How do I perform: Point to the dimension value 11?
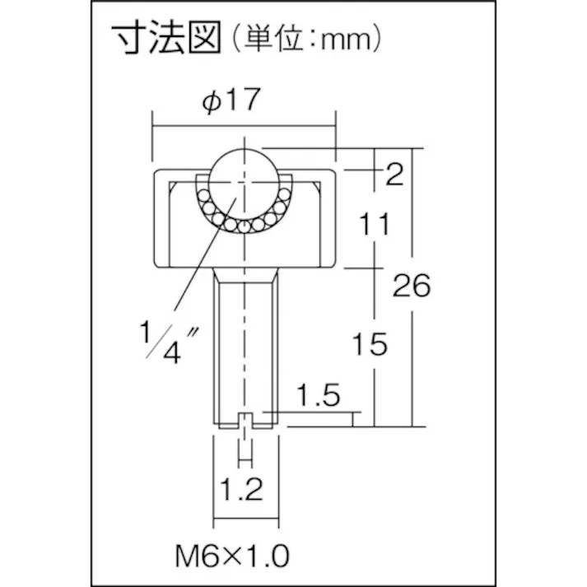click(x=375, y=224)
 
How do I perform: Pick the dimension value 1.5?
click(x=317, y=396)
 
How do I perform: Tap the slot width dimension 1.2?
click(x=240, y=491)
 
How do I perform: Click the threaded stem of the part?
click(x=245, y=346)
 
